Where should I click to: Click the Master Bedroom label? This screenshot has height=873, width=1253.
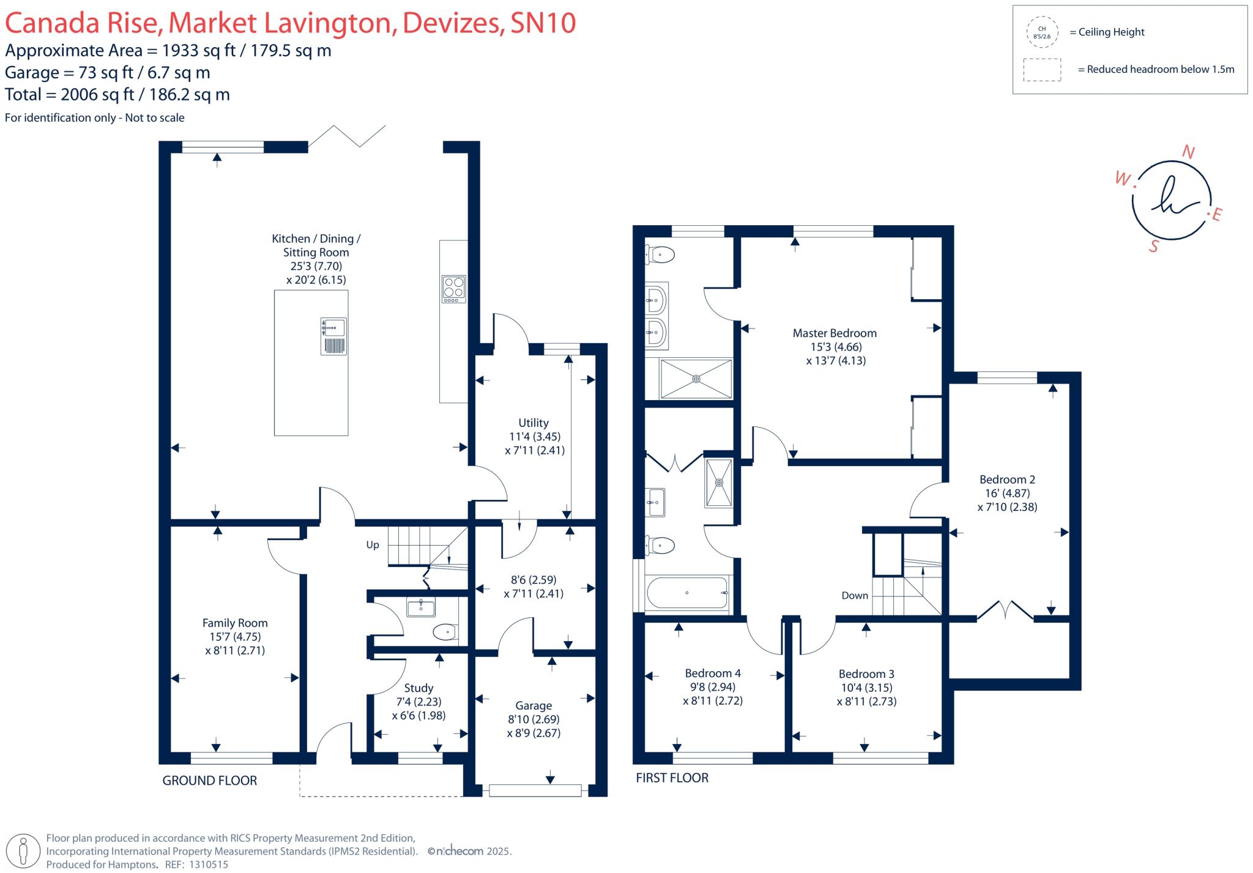(835, 333)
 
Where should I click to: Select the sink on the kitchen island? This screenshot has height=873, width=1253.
(334, 328)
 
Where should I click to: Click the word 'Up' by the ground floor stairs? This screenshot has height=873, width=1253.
(373, 545)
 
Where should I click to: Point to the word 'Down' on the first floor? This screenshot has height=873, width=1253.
(855, 596)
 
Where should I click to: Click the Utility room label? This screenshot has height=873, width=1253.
(534, 423)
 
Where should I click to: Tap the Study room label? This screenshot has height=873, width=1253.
(418, 688)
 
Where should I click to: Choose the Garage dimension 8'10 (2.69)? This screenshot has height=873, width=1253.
(534, 719)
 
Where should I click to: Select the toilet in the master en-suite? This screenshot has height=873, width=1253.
(661, 254)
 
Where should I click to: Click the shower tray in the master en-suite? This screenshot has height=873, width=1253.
(696, 379)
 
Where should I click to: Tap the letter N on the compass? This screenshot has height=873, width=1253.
(1188, 152)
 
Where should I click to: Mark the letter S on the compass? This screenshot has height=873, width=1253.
(1154, 247)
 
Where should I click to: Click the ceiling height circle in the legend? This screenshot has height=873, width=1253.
(1042, 32)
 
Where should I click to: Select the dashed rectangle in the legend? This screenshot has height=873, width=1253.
(1042, 70)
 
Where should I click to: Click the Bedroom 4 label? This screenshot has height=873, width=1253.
(713, 674)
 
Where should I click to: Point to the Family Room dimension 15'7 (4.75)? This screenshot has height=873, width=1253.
(235, 637)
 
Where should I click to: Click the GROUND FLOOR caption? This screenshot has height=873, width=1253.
(209, 781)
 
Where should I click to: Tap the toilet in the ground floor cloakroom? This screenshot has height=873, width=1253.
(445, 632)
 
